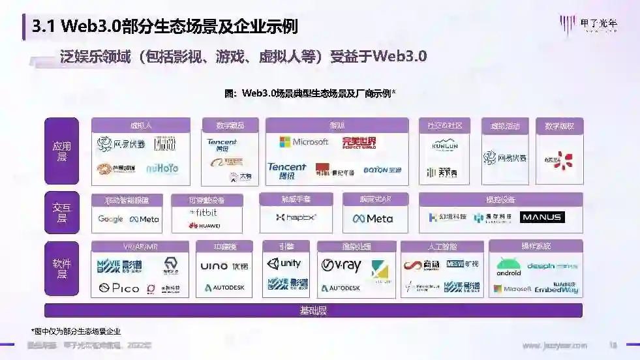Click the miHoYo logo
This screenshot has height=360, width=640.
click(x=162, y=168)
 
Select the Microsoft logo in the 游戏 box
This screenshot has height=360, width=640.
click(x=303, y=142)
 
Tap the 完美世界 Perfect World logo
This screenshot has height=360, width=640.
click(x=359, y=142)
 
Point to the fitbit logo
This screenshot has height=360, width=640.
click(x=204, y=213)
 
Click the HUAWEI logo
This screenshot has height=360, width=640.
click(x=204, y=226)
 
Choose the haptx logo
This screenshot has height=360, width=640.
click(x=296, y=217)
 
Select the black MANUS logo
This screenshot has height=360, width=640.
click(x=542, y=217)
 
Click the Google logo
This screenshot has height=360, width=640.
click(x=110, y=219)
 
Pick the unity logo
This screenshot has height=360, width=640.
click(x=284, y=264)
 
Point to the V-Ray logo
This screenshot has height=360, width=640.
click(x=341, y=266)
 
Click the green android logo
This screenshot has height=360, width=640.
click(x=509, y=267)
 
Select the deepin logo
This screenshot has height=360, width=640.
click(x=552, y=266)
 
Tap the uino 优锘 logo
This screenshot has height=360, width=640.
click(x=224, y=266)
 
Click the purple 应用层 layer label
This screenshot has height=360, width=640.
click(x=61, y=151)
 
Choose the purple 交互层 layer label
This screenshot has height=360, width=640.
click(x=61, y=213)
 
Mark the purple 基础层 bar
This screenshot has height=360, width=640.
click(x=313, y=310)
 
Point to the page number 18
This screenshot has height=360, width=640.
click(x=613, y=345)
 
